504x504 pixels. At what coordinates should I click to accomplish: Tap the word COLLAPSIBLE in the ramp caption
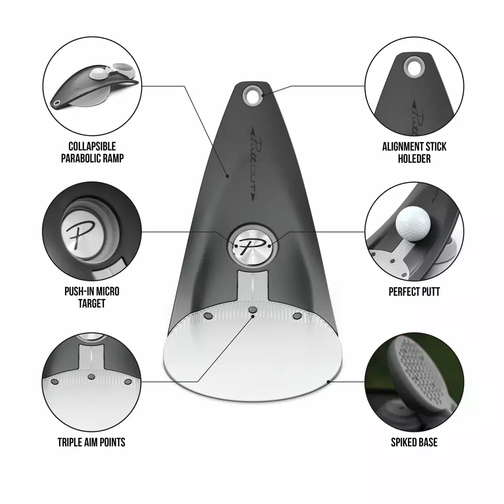click(92, 147)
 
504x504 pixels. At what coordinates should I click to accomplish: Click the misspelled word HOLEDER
click(414, 159)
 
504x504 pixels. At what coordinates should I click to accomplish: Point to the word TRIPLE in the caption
click(70, 443)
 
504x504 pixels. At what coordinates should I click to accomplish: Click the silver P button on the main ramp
click(253, 246)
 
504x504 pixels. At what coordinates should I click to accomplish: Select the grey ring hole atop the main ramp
click(253, 95)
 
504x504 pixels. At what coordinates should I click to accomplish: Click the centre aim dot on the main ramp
click(253, 309)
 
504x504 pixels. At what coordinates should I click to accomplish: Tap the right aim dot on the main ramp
click(297, 317)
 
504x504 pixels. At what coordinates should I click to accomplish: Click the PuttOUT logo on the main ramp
click(253, 165)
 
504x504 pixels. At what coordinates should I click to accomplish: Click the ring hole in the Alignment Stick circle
click(414, 67)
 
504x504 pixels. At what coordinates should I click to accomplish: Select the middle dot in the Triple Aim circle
click(92, 376)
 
